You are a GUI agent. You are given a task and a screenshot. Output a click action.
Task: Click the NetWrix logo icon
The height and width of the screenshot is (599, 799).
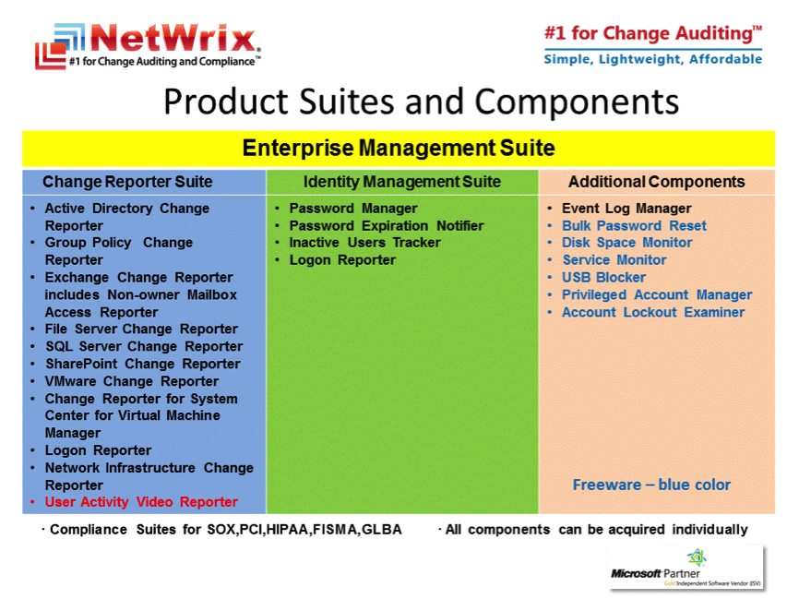pos(60,46)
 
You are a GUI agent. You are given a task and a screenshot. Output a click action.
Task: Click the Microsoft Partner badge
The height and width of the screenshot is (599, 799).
pos(686,568)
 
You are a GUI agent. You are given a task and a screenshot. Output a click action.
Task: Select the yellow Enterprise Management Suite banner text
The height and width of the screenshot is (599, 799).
pos(399,149)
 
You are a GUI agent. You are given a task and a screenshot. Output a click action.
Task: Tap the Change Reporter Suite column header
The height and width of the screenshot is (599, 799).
pos(127,182)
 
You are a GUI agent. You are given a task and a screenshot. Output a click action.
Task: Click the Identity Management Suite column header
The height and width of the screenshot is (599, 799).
pos(402,182)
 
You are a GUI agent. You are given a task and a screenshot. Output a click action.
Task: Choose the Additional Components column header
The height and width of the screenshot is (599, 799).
pos(656,182)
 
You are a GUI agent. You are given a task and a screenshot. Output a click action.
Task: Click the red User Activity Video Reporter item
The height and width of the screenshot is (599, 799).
pos(141,502)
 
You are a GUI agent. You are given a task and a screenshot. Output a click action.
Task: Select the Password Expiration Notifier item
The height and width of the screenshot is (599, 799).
pos(387,226)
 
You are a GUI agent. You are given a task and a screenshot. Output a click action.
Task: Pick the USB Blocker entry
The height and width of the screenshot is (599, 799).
pos(603,277)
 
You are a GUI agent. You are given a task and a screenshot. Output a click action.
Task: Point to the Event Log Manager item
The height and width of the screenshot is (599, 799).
pos(626,209)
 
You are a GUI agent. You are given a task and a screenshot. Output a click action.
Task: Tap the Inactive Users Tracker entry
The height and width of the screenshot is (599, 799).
pos(364,243)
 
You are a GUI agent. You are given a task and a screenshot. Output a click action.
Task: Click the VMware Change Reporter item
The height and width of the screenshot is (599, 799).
pos(131,381)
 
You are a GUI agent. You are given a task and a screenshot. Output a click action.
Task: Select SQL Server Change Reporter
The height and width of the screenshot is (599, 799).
pos(144,347)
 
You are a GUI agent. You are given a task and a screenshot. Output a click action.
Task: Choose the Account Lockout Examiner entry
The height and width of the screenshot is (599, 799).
pos(653,312)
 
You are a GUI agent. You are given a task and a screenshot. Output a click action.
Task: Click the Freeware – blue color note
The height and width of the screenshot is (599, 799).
pos(651,485)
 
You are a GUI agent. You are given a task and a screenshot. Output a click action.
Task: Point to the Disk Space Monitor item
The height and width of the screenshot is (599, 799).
pos(626,243)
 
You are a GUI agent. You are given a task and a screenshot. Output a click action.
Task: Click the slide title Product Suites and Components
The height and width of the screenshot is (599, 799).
pos(421,102)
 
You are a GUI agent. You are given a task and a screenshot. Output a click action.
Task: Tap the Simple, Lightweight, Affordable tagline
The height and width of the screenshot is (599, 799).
pos(652,59)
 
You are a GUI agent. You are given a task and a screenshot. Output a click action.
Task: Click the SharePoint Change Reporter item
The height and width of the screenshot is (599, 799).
pos(143,364)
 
